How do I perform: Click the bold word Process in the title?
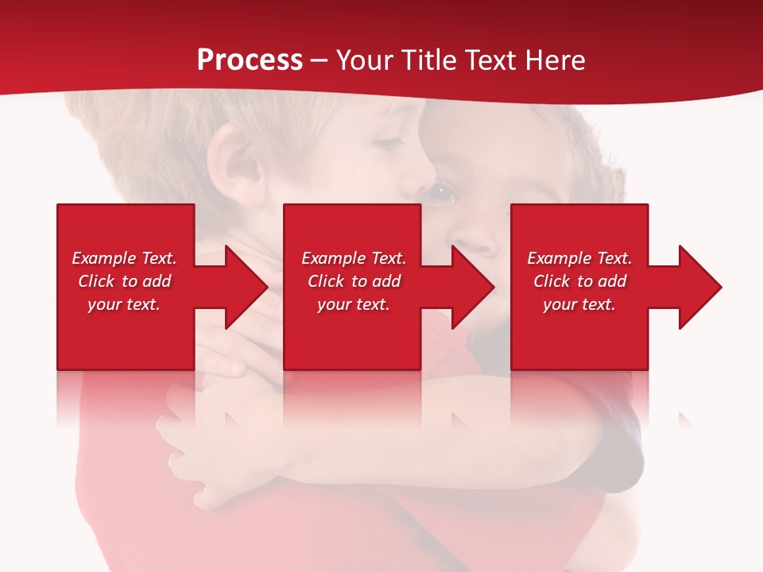250,60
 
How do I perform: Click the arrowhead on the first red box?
242,287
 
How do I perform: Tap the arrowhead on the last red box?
696,287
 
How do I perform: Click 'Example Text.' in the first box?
124,258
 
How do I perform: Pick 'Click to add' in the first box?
124,281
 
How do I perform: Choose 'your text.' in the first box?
124,304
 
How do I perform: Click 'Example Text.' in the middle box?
354,258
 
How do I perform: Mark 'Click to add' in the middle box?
354,281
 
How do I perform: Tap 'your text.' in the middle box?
354,304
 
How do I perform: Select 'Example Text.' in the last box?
579,258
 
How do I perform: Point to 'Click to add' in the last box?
579,281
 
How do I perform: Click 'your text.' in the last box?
579,304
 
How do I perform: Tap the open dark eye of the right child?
442,191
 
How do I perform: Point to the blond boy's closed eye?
389,144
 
